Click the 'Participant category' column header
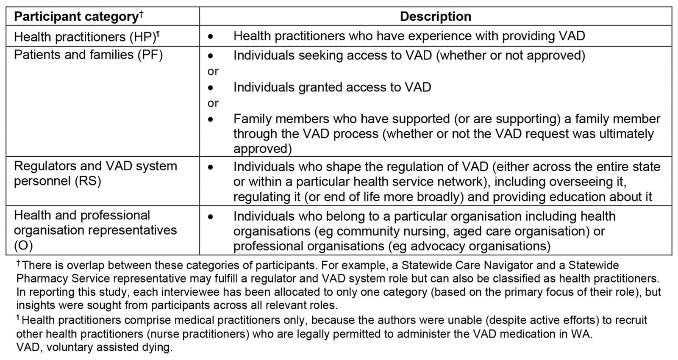pyautogui.click(x=76, y=17)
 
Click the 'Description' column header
pyautogui.click(x=435, y=17)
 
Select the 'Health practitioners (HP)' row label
pyautogui.click(x=85, y=37)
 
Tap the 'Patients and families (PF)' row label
pyautogui.click(x=88, y=55)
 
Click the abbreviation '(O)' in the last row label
pyautogui.click(x=23, y=245)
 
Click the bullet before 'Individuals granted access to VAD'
pyautogui.click(x=211, y=88)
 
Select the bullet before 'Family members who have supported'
pyautogui.click(x=211, y=119)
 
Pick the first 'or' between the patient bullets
pyautogui.click(x=213, y=71)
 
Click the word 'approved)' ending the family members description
pyautogui.click(x=262, y=149)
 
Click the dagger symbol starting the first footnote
pyautogui.click(x=18, y=263)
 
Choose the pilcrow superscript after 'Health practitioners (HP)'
pyautogui.click(x=158, y=33)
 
